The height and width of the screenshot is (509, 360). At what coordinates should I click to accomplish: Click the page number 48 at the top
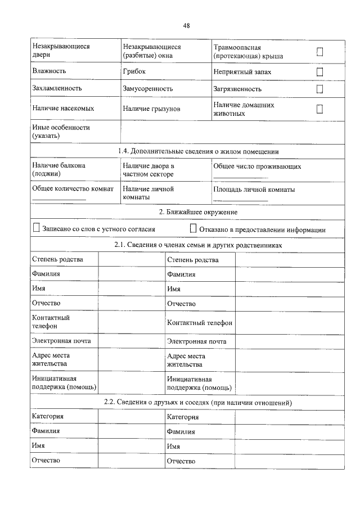point(186,25)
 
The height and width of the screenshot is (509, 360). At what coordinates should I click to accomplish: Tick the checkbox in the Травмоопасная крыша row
point(319,52)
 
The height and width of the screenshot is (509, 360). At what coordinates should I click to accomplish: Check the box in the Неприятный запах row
point(319,72)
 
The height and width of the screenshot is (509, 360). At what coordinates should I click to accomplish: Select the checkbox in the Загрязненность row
point(319,89)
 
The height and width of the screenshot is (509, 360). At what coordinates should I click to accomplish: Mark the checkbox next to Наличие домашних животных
point(319,109)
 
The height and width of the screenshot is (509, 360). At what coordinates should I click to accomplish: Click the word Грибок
point(134,71)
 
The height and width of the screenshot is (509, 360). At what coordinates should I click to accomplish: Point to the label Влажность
point(49,71)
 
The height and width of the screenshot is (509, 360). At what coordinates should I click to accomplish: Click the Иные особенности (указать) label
point(61,132)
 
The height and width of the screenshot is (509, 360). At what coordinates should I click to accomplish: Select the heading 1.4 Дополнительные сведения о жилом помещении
point(199,152)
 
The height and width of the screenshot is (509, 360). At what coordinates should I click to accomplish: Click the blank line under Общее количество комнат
point(59,200)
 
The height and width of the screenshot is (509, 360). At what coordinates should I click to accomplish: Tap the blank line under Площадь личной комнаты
point(240,200)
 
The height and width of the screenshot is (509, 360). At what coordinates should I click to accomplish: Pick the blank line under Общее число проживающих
point(240,177)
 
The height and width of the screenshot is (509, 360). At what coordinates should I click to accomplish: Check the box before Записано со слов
point(37,228)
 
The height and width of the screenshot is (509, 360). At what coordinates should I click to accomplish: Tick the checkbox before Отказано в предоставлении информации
point(193,228)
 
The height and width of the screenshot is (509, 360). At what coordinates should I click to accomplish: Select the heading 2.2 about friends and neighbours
point(198,403)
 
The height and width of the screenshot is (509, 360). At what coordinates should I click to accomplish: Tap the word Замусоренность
point(147,89)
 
